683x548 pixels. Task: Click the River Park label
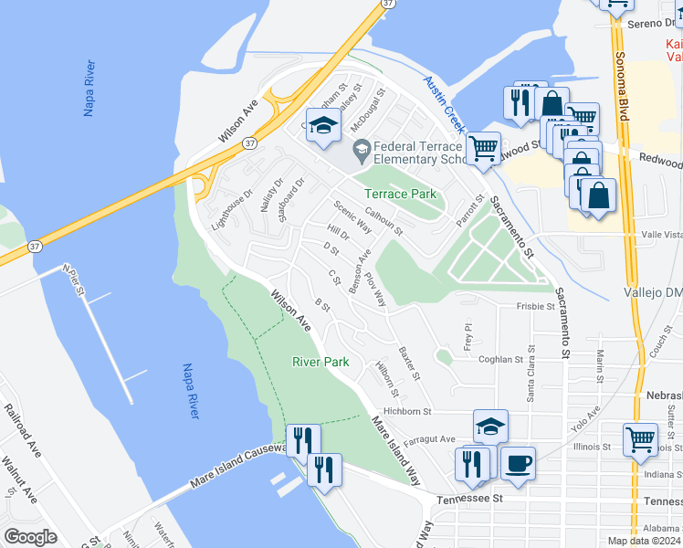(x=320, y=362)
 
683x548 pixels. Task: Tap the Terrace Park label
(x=400, y=194)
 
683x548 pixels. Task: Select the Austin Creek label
(x=445, y=101)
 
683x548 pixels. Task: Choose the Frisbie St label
(x=536, y=307)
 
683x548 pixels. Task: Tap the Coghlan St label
(x=500, y=360)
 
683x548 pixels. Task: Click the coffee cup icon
(x=518, y=463)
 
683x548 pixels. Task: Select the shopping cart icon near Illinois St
(x=641, y=438)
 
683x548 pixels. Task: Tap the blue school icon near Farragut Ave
(x=490, y=426)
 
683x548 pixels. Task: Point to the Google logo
(x=30, y=537)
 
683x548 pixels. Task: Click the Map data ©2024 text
(x=645, y=541)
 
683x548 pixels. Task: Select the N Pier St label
(x=73, y=280)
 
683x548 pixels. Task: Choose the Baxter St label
(x=408, y=363)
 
